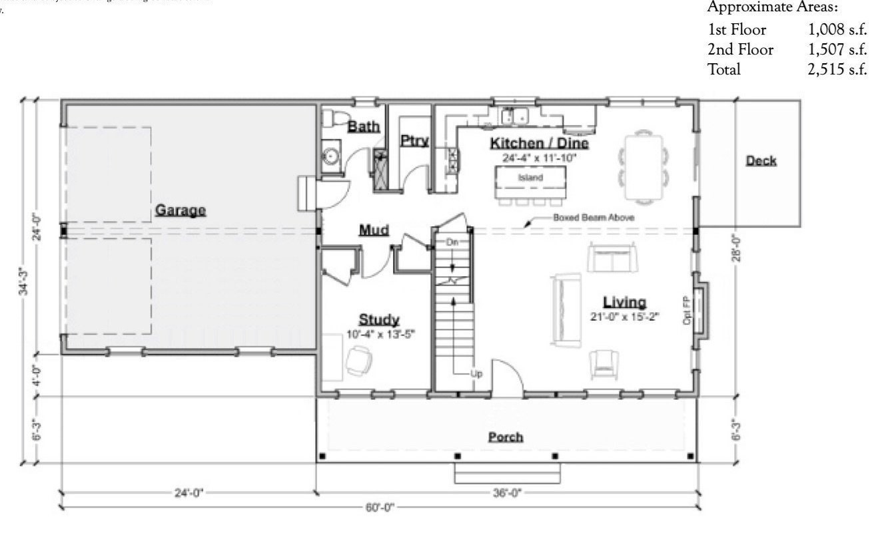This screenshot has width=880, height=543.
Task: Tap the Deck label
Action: (761, 160)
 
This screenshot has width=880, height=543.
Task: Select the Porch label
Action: (506, 437)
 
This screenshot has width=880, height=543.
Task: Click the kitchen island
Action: (531, 178)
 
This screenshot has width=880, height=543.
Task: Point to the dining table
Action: (644, 166)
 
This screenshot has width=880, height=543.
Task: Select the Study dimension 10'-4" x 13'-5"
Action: (379, 335)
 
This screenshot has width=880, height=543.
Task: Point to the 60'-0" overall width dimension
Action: (380, 507)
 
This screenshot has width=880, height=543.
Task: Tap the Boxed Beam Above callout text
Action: (593, 218)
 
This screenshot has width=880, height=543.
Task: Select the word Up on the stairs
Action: (476, 373)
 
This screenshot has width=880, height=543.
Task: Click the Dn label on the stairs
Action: (452, 242)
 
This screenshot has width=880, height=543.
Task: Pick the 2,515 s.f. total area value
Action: (837, 68)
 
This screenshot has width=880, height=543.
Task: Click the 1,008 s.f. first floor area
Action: (837, 31)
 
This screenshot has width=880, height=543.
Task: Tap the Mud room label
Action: (374, 230)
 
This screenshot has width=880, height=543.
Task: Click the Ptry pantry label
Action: (414, 140)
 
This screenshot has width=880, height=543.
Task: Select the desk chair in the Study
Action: (359, 360)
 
